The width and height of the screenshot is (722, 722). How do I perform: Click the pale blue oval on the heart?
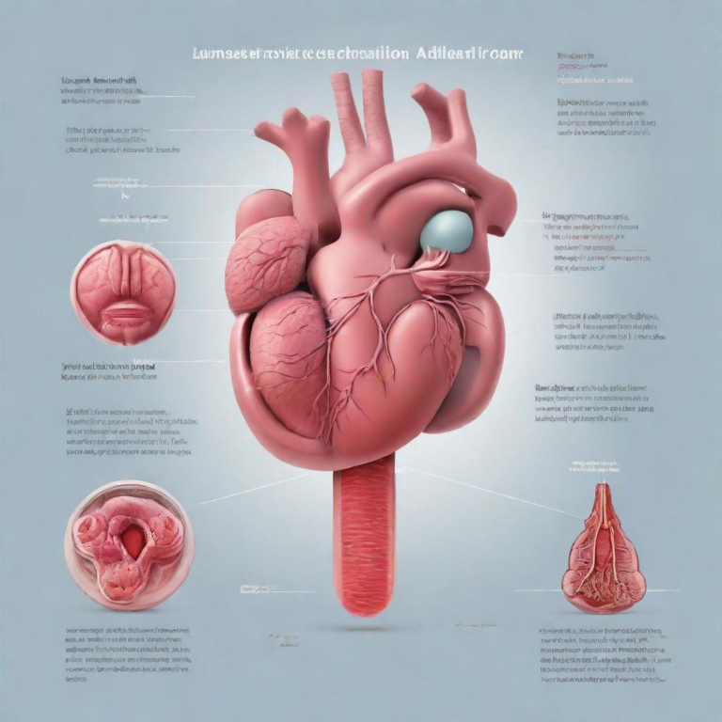coord(447,231)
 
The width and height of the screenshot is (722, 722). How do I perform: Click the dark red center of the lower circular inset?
coord(135,541)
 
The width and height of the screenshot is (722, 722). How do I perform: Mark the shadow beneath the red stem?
coord(365,625)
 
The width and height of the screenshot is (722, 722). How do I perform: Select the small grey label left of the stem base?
coord(256,589)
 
